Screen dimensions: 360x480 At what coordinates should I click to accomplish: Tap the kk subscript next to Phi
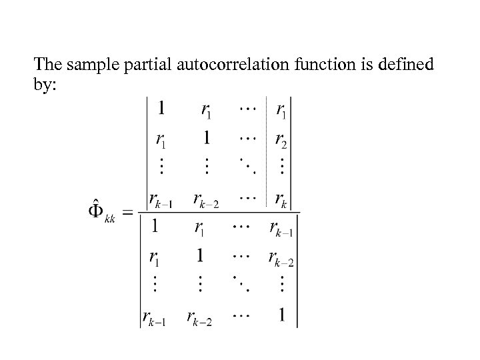pos(110,218)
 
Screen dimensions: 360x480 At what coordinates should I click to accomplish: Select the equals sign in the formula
pos(128,213)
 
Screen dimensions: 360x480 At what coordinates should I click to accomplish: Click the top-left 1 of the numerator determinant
pos(161,107)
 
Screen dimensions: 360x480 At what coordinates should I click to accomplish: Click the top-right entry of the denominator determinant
pos(281,229)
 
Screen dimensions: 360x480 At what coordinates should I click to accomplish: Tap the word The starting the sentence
pos(48,65)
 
